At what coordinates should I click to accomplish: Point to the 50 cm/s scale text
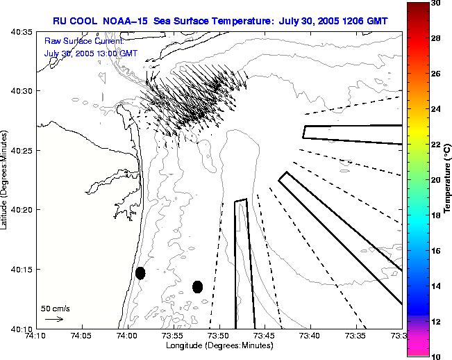tap(56, 308)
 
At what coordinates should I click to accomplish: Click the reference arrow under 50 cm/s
tap(54, 319)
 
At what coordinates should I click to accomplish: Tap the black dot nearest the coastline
tap(140, 273)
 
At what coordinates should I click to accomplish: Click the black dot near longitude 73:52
tap(197, 286)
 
